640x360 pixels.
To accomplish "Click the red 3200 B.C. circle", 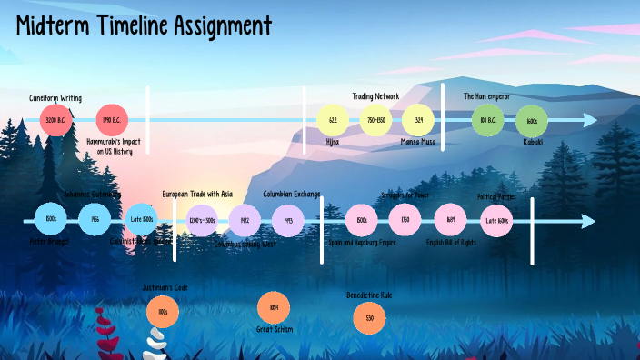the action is pos(55,120).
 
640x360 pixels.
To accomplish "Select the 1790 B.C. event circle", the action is pos(111,120).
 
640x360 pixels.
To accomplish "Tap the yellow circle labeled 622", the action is pos(333,120).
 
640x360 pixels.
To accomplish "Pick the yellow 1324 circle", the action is pos(418,120).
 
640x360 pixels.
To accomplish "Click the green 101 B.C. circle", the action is pos(487,120).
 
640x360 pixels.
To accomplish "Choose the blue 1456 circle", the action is pos(95,219).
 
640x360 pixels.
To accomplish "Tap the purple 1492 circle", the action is pos(245,220).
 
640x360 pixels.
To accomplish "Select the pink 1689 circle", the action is pos(450,219).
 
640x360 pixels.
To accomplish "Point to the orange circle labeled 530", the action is pos(369,317).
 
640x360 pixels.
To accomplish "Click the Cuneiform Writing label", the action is pos(55,96).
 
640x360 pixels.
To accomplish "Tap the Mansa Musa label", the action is pos(418,142).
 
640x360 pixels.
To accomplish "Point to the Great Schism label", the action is pos(274,329).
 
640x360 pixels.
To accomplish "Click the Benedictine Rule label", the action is pos(369,295).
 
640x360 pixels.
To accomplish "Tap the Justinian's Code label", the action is pos(165,288).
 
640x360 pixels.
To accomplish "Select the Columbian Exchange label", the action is pos(291,194).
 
